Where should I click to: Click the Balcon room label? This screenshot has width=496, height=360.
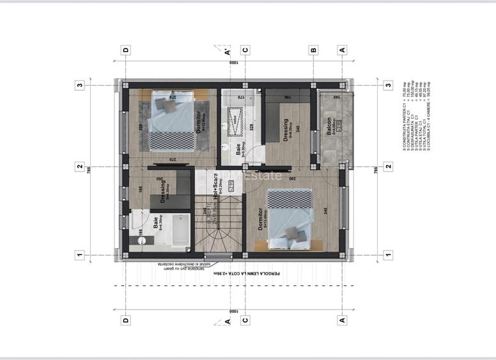tap(328, 126)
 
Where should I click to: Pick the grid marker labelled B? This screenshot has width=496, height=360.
tap(313, 50)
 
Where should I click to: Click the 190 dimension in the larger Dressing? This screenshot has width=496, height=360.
tap(288, 98)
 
